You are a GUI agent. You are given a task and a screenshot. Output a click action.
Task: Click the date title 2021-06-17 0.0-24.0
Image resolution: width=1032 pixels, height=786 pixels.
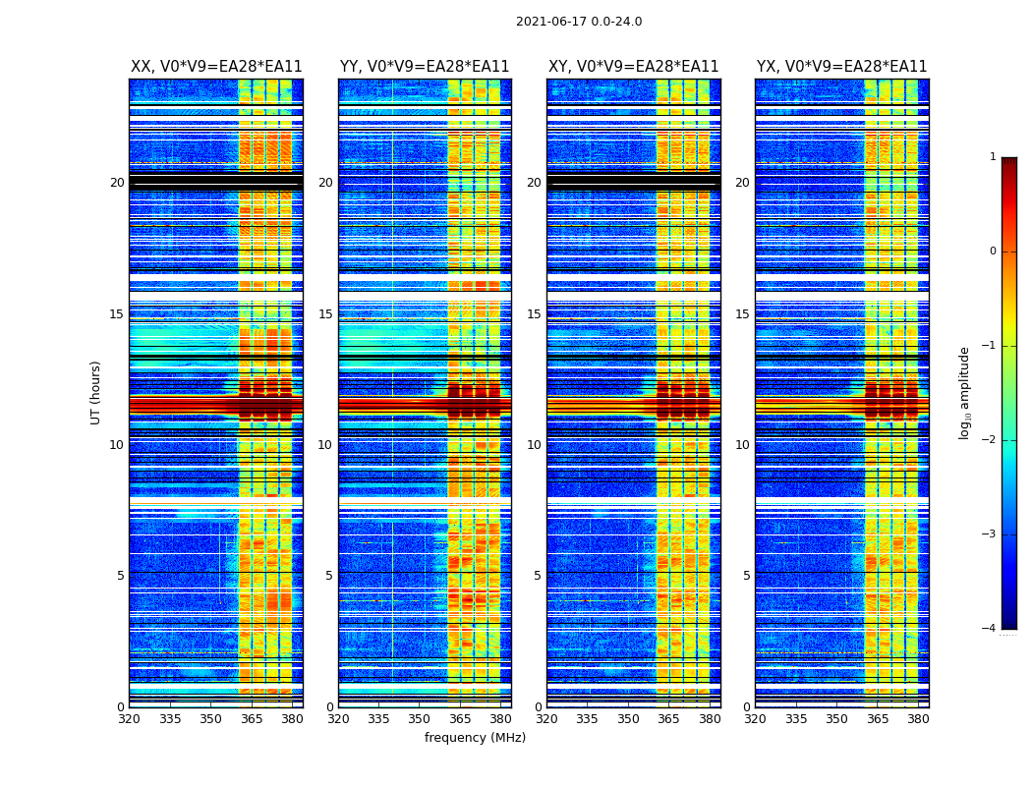pyautogui.click(x=579, y=22)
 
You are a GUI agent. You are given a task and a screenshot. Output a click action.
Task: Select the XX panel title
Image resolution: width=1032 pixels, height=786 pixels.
pyautogui.click(x=216, y=67)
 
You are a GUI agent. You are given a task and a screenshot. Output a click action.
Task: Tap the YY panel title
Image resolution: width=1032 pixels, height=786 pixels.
pyautogui.click(x=425, y=67)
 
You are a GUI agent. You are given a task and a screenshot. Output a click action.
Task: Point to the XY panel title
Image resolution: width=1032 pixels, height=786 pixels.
pyautogui.click(x=633, y=67)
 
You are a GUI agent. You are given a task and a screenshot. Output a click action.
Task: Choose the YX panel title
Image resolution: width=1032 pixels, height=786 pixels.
pyautogui.click(x=841, y=67)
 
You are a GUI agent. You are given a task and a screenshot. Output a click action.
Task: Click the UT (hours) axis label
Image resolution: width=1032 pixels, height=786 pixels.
pyautogui.click(x=96, y=392)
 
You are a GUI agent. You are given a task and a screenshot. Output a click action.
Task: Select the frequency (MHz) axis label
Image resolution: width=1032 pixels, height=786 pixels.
pyautogui.click(x=475, y=738)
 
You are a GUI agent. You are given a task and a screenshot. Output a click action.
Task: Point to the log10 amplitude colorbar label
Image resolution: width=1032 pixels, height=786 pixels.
pyautogui.click(x=964, y=392)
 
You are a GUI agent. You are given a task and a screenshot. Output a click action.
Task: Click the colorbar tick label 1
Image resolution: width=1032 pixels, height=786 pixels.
pyautogui.click(x=993, y=157)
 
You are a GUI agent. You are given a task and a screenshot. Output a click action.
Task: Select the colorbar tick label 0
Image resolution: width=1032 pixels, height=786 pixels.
pyautogui.click(x=993, y=252)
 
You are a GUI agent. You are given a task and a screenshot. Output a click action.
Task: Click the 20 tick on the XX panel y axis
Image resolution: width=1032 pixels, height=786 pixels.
pyautogui.click(x=117, y=183)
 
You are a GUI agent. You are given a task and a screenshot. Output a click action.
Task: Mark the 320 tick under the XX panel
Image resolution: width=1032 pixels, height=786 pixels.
pyautogui.click(x=129, y=719)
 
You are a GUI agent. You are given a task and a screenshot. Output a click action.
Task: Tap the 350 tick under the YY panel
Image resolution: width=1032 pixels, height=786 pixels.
pyautogui.click(x=420, y=719)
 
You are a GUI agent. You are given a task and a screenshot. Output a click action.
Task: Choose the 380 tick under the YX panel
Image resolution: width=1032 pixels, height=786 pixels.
pyautogui.click(x=918, y=719)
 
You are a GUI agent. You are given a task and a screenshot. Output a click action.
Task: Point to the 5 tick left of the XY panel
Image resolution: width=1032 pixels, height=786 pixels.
pyautogui.click(x=538, y=576)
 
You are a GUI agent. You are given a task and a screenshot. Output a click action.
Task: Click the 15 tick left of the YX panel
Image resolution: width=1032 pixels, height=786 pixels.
pyautogui.click(x=742, y=314)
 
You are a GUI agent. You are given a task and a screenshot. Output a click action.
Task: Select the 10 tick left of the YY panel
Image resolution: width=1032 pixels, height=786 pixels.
pyautogui.click(x=325, y=445)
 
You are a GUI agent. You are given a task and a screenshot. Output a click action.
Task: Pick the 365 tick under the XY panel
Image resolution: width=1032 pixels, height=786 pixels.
pyautogui.click(x=668, y=719)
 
